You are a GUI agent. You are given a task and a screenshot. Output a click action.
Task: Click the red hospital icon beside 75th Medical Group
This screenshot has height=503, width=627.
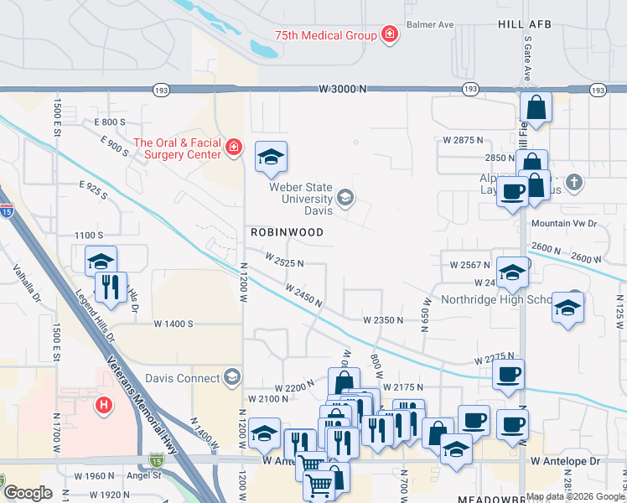click(389, 34)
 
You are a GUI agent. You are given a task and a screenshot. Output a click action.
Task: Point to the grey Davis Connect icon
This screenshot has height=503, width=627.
click(232, 377)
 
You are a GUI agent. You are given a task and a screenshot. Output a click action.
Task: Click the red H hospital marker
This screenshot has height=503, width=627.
click(104, 406)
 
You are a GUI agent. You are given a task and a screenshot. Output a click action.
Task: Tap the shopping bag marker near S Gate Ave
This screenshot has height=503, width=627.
click(536, 108)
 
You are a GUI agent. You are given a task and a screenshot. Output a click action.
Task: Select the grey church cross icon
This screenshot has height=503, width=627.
click(573, 181)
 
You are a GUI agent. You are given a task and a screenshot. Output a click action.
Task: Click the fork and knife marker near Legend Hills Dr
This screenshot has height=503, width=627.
click(111, 287)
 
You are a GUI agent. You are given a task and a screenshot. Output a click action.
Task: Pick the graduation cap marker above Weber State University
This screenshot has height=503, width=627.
click(271, 157)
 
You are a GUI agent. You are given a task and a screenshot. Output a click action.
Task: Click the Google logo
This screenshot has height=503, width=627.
click(28, 493)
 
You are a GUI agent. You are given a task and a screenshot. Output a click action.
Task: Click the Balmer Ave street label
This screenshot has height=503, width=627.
click(431, 24)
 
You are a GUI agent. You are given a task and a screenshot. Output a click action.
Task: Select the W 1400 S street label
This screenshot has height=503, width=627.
click(174, 323)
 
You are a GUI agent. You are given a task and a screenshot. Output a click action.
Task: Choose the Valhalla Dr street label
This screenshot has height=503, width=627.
click(23, 283)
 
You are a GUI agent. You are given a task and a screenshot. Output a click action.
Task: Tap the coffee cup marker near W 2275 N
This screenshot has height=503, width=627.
click(508, 374)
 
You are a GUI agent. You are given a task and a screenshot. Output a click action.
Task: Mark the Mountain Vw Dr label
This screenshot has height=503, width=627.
click(563, 224)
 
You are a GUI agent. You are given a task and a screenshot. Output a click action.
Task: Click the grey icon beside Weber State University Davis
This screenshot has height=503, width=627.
click(345, 198)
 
